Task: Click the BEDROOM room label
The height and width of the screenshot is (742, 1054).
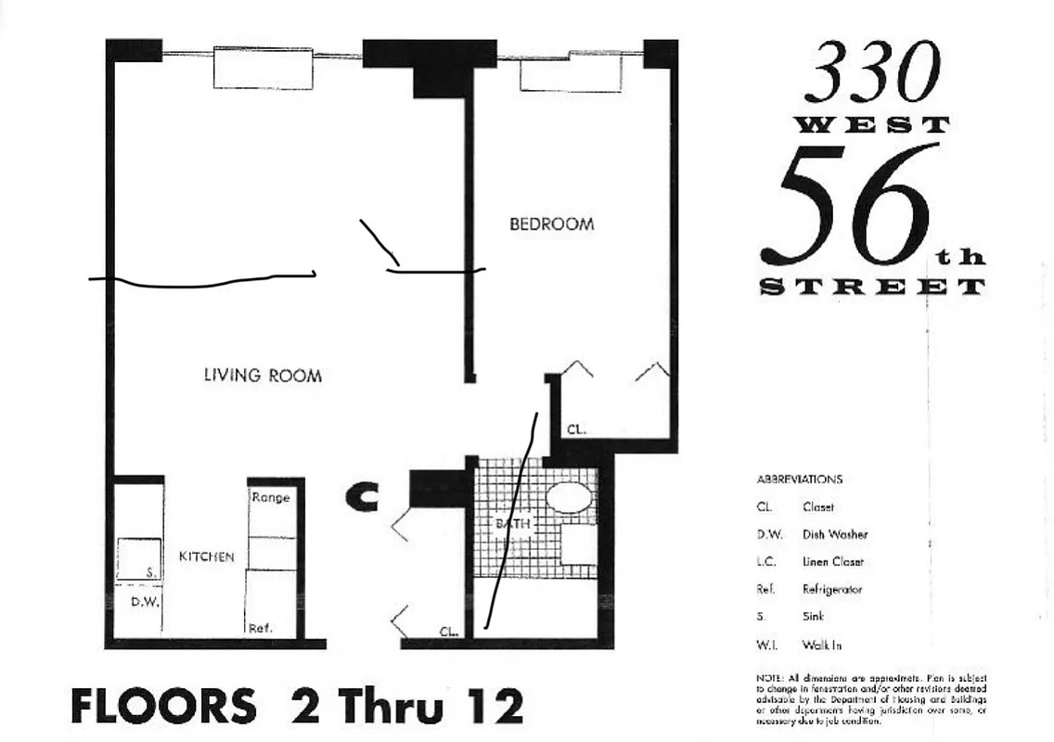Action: pos(551,224)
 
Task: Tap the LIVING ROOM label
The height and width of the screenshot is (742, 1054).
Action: pos(263,376)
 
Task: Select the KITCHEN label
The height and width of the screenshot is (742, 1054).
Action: pos(206,556)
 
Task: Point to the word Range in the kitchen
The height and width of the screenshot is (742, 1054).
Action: pos(271,498)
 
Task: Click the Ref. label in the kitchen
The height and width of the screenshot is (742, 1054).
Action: pos(260,628)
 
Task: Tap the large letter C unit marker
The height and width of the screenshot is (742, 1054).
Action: pos(362,497)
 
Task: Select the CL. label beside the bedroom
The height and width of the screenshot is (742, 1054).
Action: pos(576,429)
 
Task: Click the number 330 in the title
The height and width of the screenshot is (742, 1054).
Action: pos(871,74)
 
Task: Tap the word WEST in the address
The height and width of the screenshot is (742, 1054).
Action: pos(871,125)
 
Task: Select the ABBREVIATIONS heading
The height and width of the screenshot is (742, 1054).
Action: pos(800,480)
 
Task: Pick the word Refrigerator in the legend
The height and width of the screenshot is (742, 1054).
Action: pos(832,589)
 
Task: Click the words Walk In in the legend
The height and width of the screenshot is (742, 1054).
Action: pos(821,645)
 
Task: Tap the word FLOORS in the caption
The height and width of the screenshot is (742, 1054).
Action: pos(163,707)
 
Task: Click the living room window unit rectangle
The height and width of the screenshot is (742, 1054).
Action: pos(263,68)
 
